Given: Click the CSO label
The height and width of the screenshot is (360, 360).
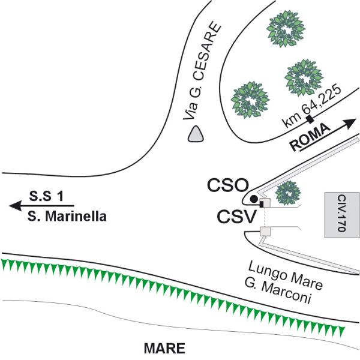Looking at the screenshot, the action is click(x=228, y=185).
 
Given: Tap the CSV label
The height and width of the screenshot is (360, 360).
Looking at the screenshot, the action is click(x=236, y=217).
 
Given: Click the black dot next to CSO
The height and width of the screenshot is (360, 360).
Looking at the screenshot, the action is click(x=253, y=199).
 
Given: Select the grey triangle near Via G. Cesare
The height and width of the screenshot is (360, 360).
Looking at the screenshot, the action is click(x=196, y=134).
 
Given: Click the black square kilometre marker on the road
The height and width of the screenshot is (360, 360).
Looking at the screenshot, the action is click(x=310, y=119).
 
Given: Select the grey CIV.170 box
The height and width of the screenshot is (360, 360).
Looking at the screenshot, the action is click(x=341, y=215).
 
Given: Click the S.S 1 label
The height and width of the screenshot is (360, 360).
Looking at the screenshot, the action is click(x=46, y=196).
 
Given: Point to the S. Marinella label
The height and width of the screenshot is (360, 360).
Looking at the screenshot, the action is click(x=67, y=216).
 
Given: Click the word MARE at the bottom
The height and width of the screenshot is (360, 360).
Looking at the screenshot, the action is click(x=164, y=349).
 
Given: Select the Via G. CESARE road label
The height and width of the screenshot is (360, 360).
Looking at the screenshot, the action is click(x=202, y=71).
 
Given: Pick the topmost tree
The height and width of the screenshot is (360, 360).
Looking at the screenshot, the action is click(x=286, y=29).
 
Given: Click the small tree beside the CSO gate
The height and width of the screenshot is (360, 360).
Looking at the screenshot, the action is click(x=288, y=193).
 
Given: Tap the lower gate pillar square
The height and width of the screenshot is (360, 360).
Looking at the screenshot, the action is click(x=265, y=231).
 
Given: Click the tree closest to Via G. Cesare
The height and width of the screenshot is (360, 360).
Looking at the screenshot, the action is click(x=250, y=100).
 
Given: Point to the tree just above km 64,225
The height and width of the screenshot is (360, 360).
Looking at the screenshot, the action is click(x=304, y=77).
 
